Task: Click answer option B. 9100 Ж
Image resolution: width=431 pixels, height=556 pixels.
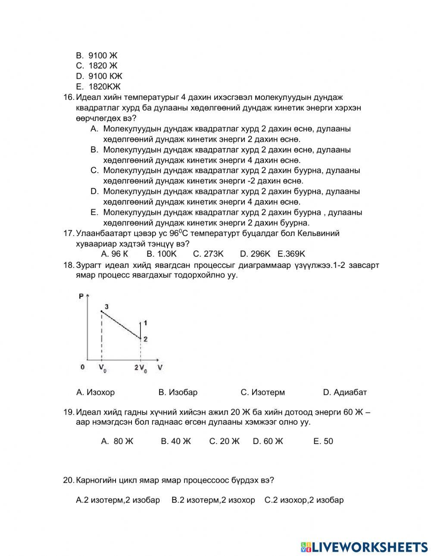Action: (x=97, y=55)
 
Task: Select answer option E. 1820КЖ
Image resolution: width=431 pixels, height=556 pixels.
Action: (x=99, y=87)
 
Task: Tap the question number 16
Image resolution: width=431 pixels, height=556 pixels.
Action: (x=69, y=97)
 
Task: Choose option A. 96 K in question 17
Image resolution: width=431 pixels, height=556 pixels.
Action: (x=114, y=254)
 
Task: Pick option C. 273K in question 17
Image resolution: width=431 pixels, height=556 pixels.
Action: (x=208, y=254)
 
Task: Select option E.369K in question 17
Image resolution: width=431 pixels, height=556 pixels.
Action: (x=291, y=254)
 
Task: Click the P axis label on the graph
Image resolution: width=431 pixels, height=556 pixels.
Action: (x=81, y=296)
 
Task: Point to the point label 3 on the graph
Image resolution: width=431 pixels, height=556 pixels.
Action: (x=106, y=306)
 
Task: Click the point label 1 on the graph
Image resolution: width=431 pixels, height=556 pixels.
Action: (x=146, y=323)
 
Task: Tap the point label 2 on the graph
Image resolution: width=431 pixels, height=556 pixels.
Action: (x=146, y=339)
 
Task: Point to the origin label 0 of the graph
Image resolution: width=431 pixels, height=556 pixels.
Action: (x=82, y=367)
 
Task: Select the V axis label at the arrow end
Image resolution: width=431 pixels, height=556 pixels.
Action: (x=160, y=367)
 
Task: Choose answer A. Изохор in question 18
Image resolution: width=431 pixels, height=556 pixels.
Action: (x=95, y=392)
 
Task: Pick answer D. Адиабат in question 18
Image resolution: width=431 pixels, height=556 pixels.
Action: (x=345, y=392)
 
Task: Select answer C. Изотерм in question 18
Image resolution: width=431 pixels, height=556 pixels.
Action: (x=262, y=392)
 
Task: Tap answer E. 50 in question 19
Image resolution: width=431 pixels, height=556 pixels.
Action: (x=323, y=441)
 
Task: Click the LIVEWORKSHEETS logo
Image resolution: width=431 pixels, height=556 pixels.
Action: (x=364, y=547)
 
